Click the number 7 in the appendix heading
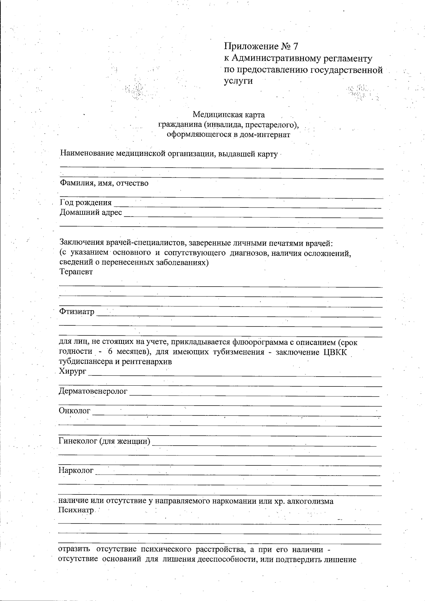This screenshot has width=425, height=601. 296,46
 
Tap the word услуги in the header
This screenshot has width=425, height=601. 238,81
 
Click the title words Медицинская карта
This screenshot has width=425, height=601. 228,115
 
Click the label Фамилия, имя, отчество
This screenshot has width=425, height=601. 104,183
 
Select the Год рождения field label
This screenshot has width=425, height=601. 86,203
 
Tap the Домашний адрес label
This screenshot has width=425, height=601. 91,212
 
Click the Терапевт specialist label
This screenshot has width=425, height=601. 76,272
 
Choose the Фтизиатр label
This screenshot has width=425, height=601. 77,312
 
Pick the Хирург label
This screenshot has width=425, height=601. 73,372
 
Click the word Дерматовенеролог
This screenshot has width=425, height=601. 93,391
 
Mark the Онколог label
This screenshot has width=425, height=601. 75,411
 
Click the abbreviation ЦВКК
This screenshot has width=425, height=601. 335,352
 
